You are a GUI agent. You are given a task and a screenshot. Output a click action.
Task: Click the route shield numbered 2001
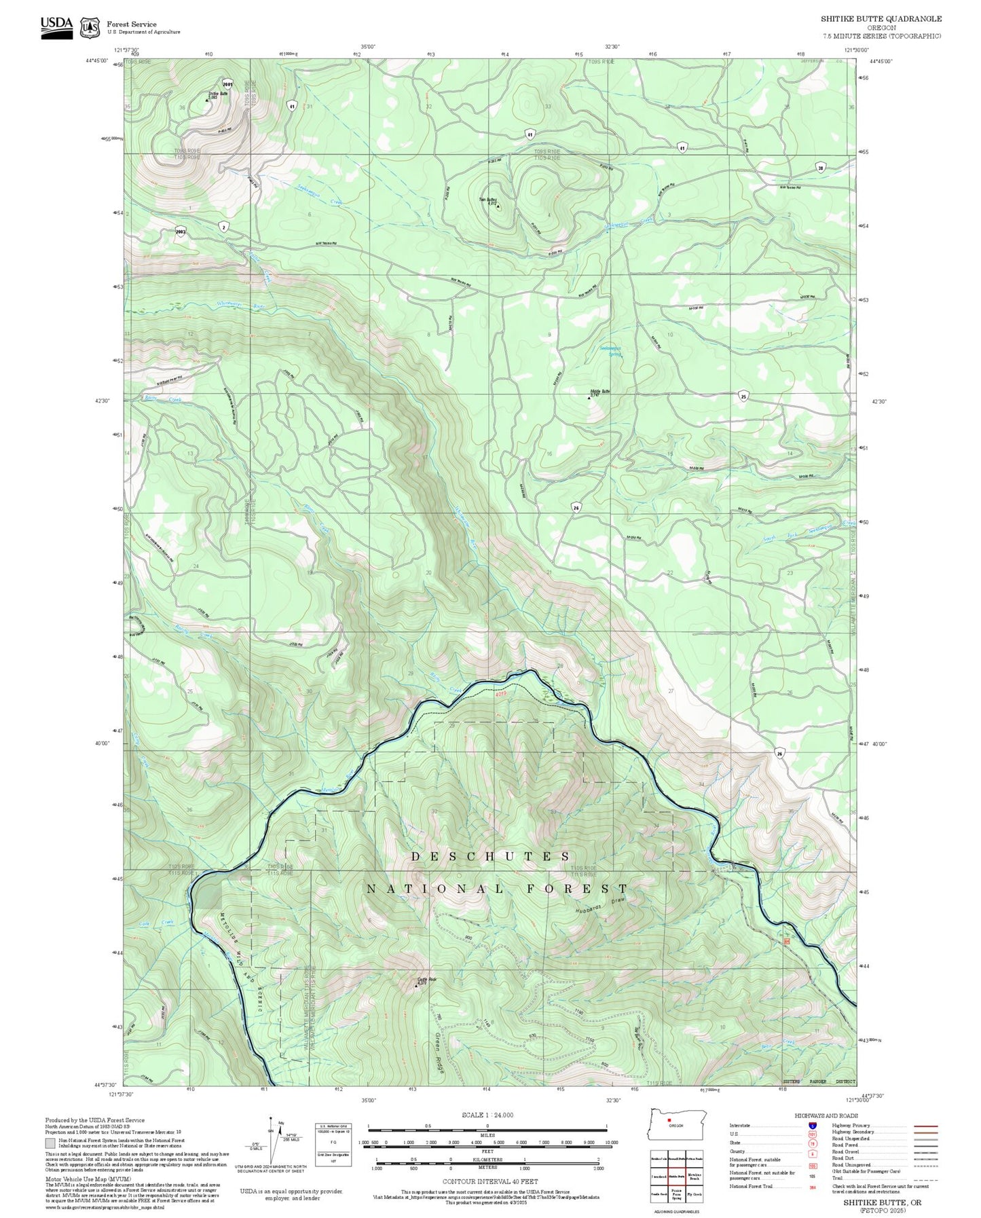[x=227, y=85]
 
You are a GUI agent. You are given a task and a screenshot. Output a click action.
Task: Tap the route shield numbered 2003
[x=181, y=231]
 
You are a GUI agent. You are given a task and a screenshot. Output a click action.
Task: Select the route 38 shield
[x=821, y=168]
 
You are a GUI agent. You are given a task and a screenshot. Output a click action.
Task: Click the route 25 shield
[x=744, y=396]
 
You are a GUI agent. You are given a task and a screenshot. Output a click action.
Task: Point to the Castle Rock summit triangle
[x=416, y=985]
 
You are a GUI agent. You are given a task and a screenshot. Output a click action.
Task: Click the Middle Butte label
[x=600, y=392]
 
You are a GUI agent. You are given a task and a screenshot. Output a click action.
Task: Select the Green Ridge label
[x=439, y=1052]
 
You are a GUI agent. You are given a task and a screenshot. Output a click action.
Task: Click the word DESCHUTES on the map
[x=490, y=857]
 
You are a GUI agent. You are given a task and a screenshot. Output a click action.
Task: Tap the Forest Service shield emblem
[x=90, y=28]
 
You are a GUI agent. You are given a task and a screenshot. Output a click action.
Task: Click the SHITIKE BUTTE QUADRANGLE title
[x=881, y=19]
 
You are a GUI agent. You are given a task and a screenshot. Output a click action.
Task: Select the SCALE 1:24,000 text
[x=487, y=1115]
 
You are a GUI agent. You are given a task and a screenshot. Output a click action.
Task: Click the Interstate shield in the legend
[x=812, y=1126]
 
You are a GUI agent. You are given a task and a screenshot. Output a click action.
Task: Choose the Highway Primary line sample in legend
[x=925, y=1126]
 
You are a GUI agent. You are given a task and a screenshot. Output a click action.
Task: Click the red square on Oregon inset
[x=669, y=1121]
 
